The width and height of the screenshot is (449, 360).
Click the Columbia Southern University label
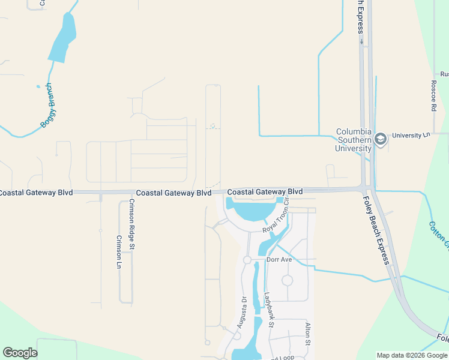pos(354,140)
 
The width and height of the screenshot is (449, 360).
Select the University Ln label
pos(411,136)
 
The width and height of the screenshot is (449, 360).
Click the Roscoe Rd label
pos(433,97)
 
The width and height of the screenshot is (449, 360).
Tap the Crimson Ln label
pos(118,251)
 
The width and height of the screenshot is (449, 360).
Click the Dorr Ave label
pos(279,260)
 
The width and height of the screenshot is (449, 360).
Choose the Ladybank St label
pos(270,310)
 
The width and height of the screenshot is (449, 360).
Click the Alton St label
pos(308,333)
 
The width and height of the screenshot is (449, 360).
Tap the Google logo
pos(20,353)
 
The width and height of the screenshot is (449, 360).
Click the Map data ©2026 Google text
pos(411,355)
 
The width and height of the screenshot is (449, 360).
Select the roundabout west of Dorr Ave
pos(247,260)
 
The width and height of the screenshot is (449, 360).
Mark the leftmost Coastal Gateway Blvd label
pos(36,193)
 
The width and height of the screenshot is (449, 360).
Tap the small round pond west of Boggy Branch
pos(37,86)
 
